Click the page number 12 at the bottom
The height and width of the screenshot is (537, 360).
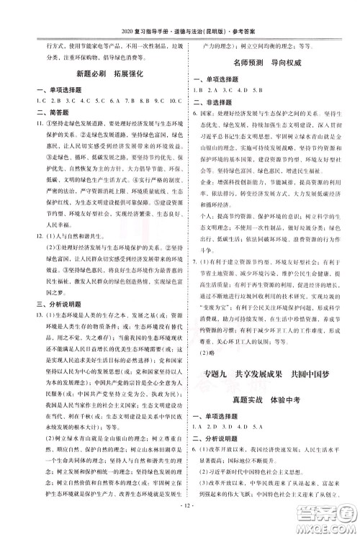[180, 523]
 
